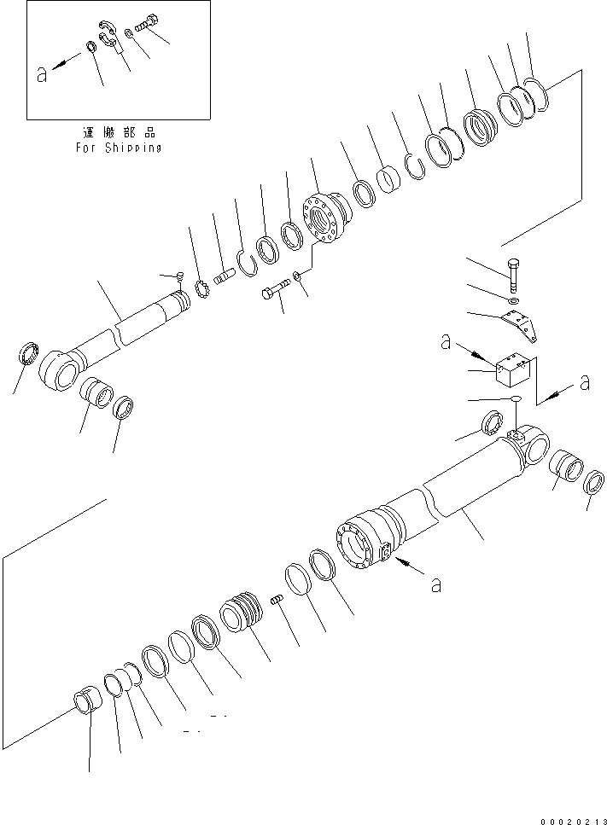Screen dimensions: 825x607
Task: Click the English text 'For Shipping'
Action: point(118,147)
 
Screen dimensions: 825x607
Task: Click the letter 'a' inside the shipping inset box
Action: point(42,74)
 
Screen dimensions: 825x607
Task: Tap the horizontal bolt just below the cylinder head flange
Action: point(272,293)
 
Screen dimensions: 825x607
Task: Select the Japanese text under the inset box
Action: point(118,133)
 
